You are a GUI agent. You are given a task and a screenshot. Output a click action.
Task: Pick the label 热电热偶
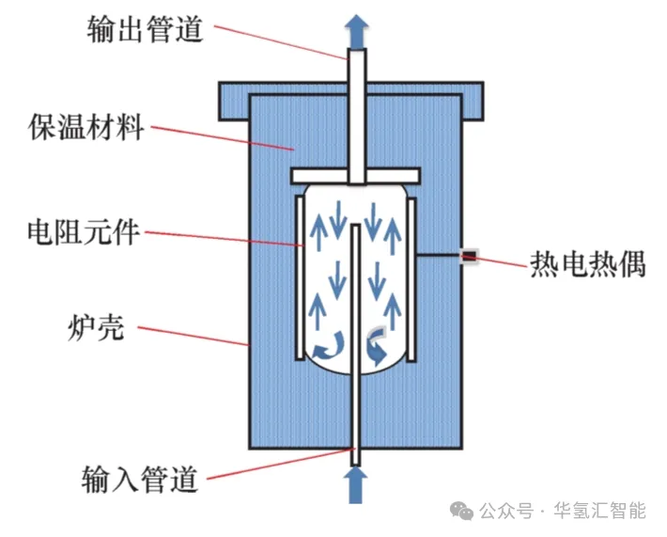pos(588,262)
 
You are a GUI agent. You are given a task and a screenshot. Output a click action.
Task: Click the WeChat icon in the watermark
pos(462,512)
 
